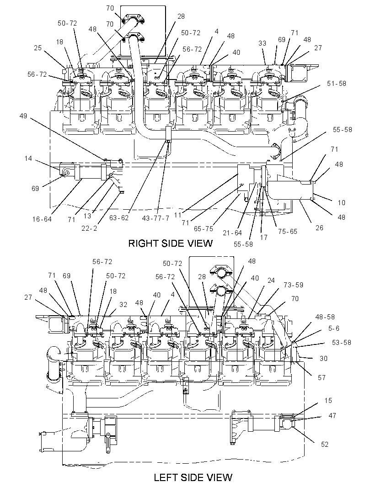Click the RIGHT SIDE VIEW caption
[171, 243]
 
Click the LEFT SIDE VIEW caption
[193, 477]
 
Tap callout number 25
[37, 48]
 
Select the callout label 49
[23, 116]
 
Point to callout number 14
[28, 159]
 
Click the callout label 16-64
[42, 219]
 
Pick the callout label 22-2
[90, 228]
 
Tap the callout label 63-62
[119, 218]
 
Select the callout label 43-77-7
[155, 218]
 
